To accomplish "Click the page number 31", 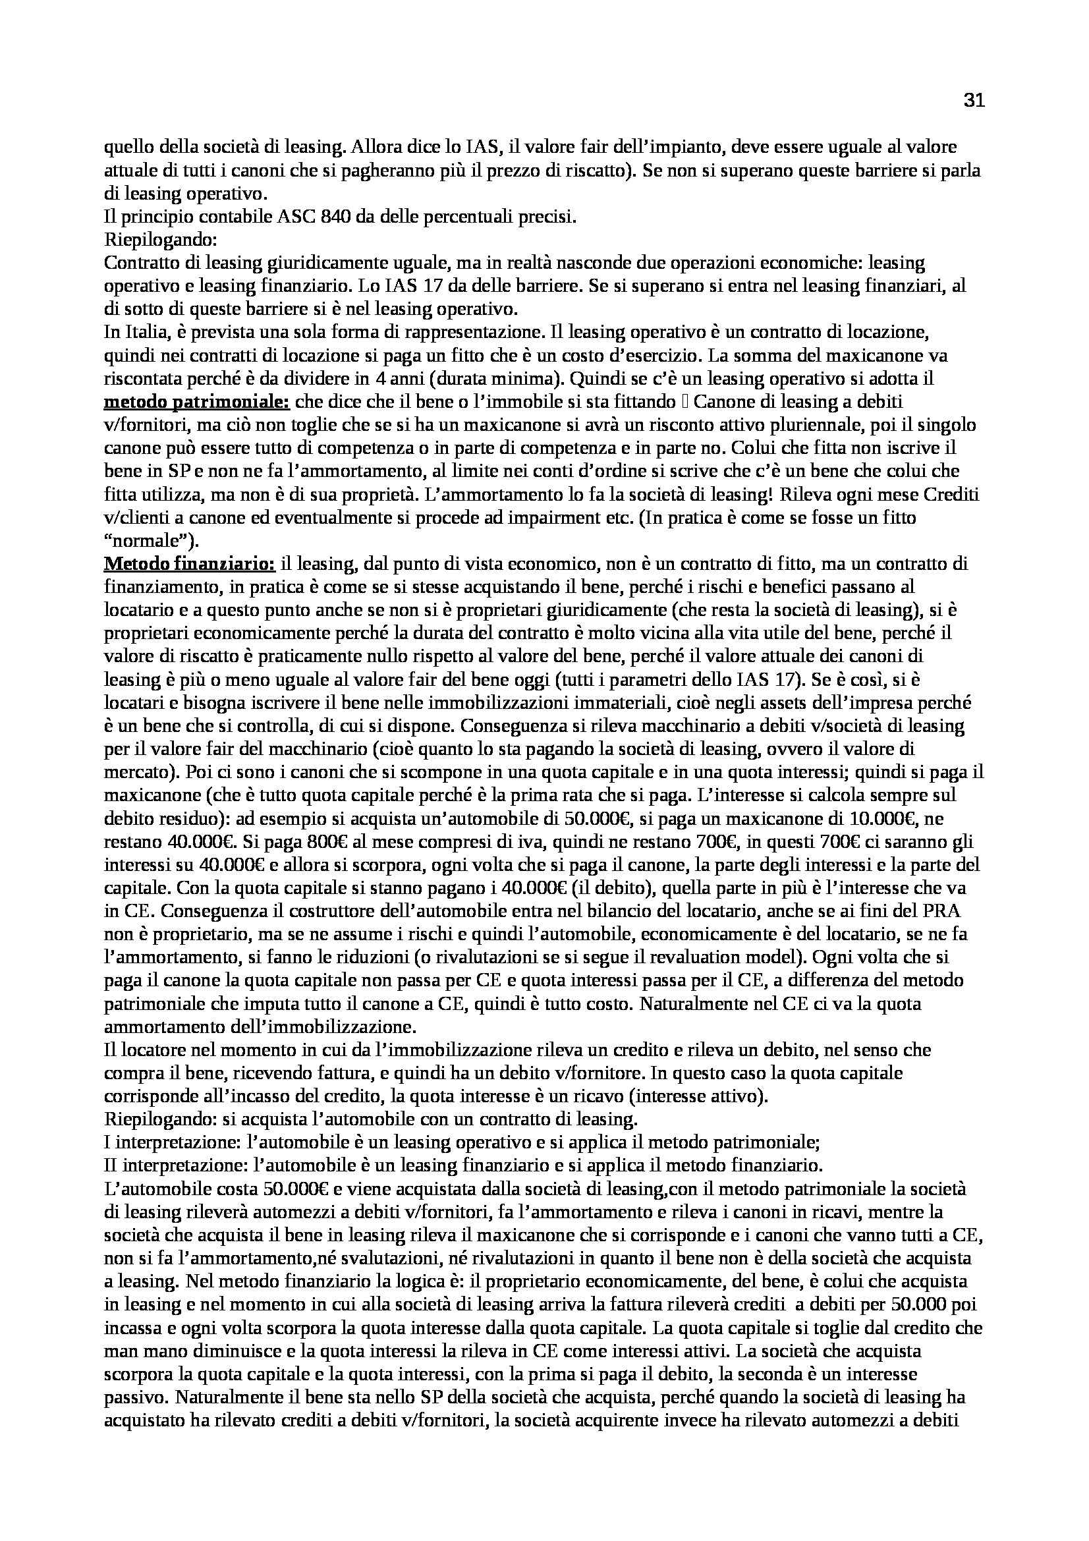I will (x=974, y=101).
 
